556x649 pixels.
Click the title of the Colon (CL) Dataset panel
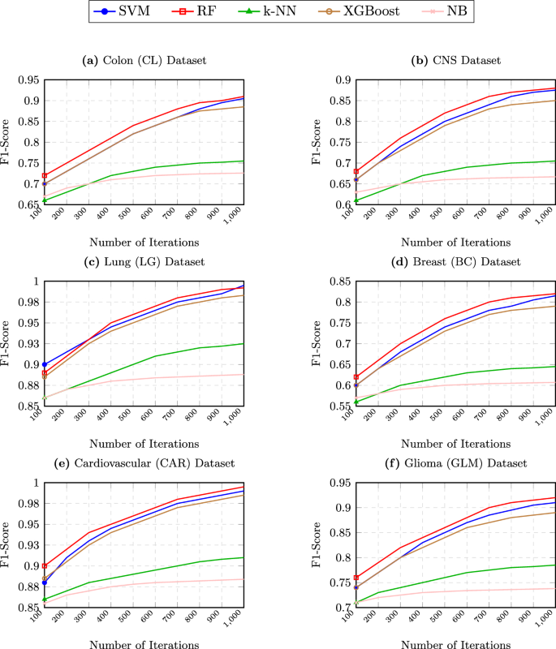pos(145,60)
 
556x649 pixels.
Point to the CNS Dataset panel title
pos(455,60)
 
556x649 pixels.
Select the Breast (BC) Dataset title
pos(455,261)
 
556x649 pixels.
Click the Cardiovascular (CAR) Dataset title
pos(145,463)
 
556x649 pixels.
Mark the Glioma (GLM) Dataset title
pos(455,463)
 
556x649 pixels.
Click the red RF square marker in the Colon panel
pos(45,176)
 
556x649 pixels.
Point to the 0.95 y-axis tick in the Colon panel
pos(27,80)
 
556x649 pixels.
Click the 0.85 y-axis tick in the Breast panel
pos(337,282)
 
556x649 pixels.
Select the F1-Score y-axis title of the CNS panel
pos(318,142)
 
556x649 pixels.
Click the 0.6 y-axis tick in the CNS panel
pos(341,204)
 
